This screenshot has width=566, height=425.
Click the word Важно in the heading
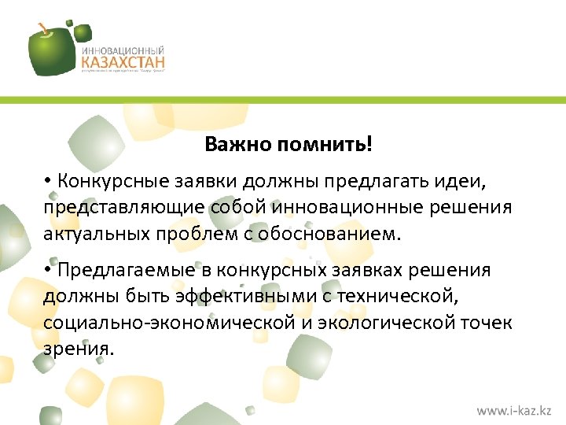(229, 145)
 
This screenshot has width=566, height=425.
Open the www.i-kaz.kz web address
(514, 411)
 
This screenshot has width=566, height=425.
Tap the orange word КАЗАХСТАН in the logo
(123, 61)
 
